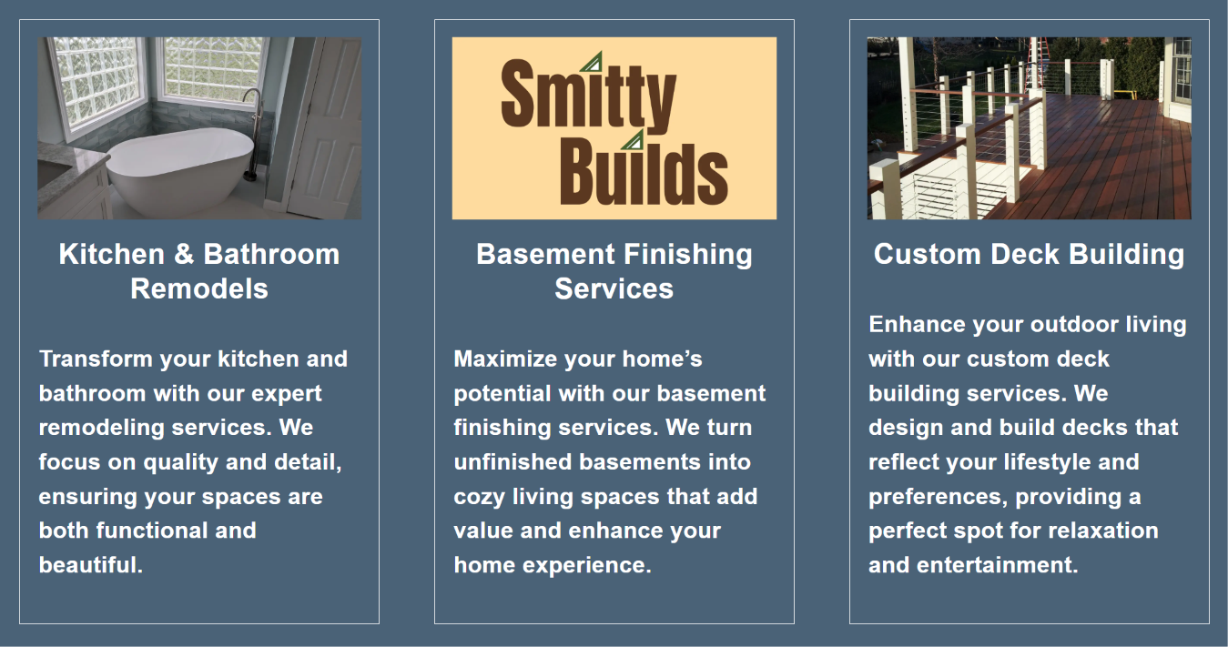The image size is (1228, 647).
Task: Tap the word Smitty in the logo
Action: pos(588,96)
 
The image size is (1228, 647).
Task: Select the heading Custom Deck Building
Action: pos(1029,254)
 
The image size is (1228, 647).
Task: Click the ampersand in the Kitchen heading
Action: pos(184,254)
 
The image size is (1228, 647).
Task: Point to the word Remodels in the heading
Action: pos(199,288)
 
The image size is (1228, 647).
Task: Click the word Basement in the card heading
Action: pos(545,254)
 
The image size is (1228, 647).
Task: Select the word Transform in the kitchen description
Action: pos(96,359)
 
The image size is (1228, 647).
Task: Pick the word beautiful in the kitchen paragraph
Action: pos(91,565)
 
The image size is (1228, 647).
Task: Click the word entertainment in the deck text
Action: pos(997,565)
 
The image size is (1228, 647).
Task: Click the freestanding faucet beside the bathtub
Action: pos(253,134)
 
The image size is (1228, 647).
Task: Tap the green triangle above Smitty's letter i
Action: pos(594,62)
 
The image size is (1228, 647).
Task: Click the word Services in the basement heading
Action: pos(614,288)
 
